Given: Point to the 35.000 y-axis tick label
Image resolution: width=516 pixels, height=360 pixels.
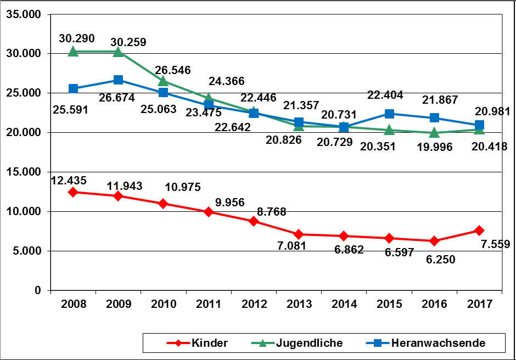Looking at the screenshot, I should pos(24,14).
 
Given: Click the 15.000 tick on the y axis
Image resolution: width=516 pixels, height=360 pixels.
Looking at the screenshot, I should pos(24,172).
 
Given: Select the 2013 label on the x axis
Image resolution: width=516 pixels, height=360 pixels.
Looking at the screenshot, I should pos(299,304).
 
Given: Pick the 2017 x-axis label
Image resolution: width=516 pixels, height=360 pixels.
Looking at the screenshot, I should pos(479,304).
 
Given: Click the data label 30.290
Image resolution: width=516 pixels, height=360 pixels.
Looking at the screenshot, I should pos(76,39).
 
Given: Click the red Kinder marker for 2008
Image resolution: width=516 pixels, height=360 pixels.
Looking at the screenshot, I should pos(73,192).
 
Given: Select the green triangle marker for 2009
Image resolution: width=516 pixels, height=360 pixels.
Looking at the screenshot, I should pos(118,52).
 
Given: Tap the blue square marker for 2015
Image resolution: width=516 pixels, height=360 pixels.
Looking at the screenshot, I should pos(389,114).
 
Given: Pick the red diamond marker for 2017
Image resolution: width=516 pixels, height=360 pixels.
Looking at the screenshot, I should pos(479,230).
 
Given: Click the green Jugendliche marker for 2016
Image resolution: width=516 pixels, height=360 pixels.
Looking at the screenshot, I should pos(434,132).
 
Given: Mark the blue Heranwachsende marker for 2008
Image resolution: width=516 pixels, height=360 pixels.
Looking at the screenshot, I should pos(73,88).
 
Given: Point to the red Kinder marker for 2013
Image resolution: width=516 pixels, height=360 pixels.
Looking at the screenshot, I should pos(299,234).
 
